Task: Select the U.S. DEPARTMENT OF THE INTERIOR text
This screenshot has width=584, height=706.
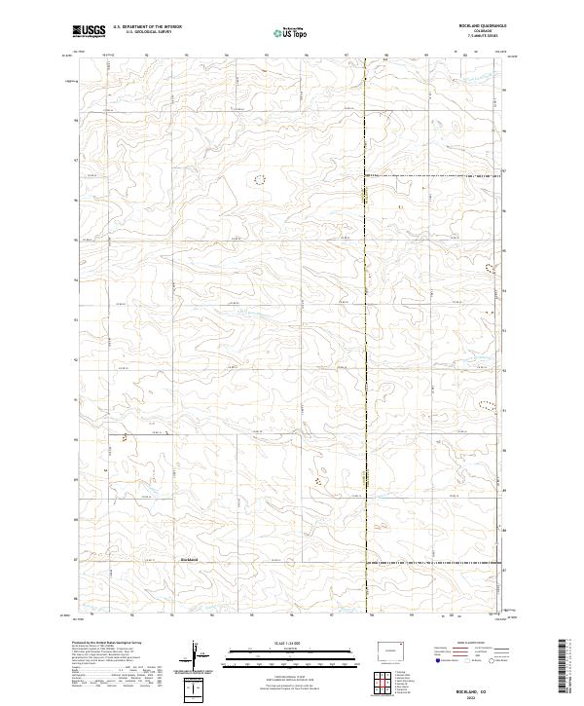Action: point(147,27)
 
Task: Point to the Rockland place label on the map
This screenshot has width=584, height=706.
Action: point(190,559)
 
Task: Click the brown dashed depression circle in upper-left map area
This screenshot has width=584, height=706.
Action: point(259,179)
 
